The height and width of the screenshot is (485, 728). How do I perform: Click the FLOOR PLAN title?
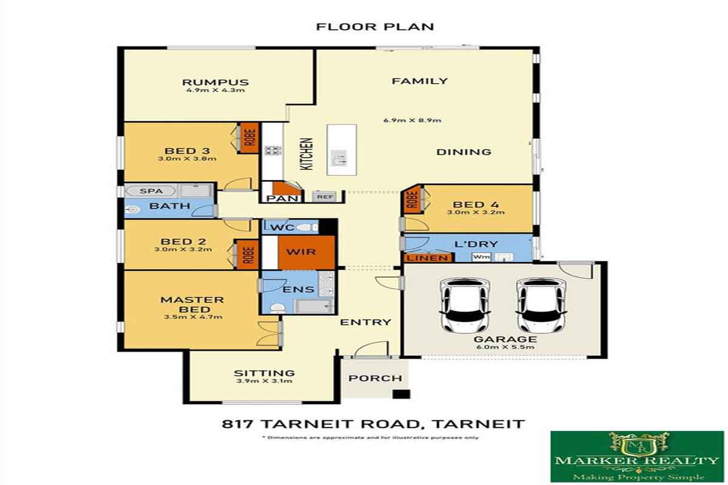coord(375,27)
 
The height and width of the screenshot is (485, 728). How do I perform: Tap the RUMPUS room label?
coord(215,82)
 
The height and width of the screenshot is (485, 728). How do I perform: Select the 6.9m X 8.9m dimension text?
coord(412,120)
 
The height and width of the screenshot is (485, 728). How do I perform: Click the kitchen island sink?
coord(339,158)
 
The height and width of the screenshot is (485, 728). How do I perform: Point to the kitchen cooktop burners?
coord(273,150)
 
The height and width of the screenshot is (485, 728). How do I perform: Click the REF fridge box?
coord(325,196)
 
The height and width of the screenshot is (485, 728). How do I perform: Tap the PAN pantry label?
coord(282,198)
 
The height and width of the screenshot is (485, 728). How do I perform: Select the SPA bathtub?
coord(150,191)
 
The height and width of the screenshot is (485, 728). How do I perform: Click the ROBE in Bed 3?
coord(249,138)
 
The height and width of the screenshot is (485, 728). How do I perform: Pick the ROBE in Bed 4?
coord(411,199)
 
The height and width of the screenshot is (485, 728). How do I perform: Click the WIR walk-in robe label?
coord(301,252)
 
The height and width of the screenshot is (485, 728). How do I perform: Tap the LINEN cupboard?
coord(427,258)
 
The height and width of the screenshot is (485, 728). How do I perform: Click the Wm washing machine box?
coord(481,257)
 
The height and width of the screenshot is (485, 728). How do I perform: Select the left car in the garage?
coord(465,306)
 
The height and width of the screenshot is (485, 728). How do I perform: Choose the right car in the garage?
coord(541,306)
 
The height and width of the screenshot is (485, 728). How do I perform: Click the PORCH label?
coord(376,378)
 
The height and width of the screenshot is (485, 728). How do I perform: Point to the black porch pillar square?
coord(402,394)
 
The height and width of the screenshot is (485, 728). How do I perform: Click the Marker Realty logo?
coord(637,456)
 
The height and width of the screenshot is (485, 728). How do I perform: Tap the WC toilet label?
coord(282,227)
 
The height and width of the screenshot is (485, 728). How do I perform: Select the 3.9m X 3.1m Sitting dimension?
coord(265,381)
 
